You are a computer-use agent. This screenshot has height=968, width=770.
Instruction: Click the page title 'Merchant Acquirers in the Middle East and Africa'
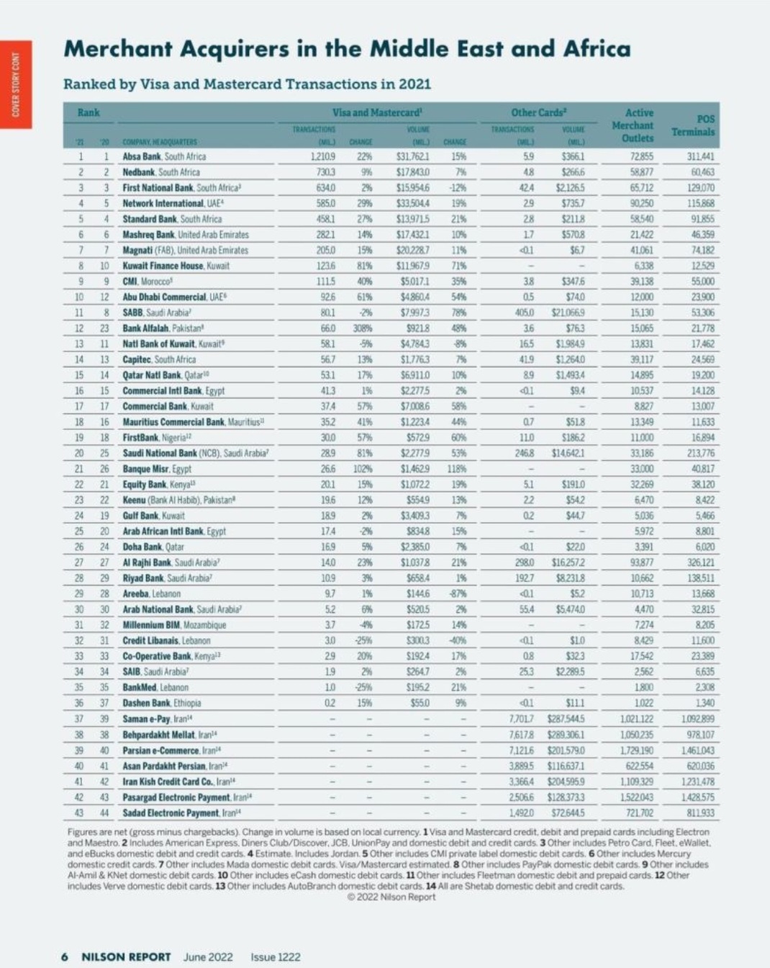tap(347, 49)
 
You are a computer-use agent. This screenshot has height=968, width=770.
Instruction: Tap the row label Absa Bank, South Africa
tap(164, 156)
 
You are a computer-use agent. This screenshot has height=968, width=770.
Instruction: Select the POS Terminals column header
tap(693, 125)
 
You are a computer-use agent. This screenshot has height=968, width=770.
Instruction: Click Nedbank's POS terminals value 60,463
tap(702, 172)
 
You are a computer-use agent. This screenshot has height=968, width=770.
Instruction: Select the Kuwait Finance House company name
tap(176, 266)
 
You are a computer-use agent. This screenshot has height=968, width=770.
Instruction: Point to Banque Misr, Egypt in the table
tap(157, 469)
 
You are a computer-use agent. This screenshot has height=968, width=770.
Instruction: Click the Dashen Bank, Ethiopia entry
tap(162, 703)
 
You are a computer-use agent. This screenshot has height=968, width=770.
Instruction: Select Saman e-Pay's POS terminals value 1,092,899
tap(697, 719)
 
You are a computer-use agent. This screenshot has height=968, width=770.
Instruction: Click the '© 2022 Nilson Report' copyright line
tap(391, 897)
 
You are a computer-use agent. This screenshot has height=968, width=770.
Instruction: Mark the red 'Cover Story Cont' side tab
tap(16, 85)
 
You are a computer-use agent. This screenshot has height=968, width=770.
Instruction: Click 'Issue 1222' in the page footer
tap(276, 957)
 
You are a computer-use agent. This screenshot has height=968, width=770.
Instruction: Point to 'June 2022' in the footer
tap(208, 957)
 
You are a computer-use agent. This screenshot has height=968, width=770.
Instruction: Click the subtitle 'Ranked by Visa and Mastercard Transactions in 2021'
tap(247, 84)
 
